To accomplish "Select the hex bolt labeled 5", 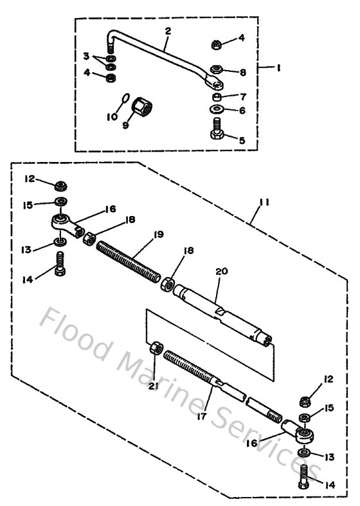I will pyautogui.click(x=216, y=136).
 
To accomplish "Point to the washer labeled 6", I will pyautogui.click(x=217, y=110).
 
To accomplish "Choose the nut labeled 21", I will pyautogui.click(x=155, y=350).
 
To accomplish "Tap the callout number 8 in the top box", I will pyautogui.click(x=242, y=73).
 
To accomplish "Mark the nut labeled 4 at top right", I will pyautogui.click(x=217, y=44).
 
